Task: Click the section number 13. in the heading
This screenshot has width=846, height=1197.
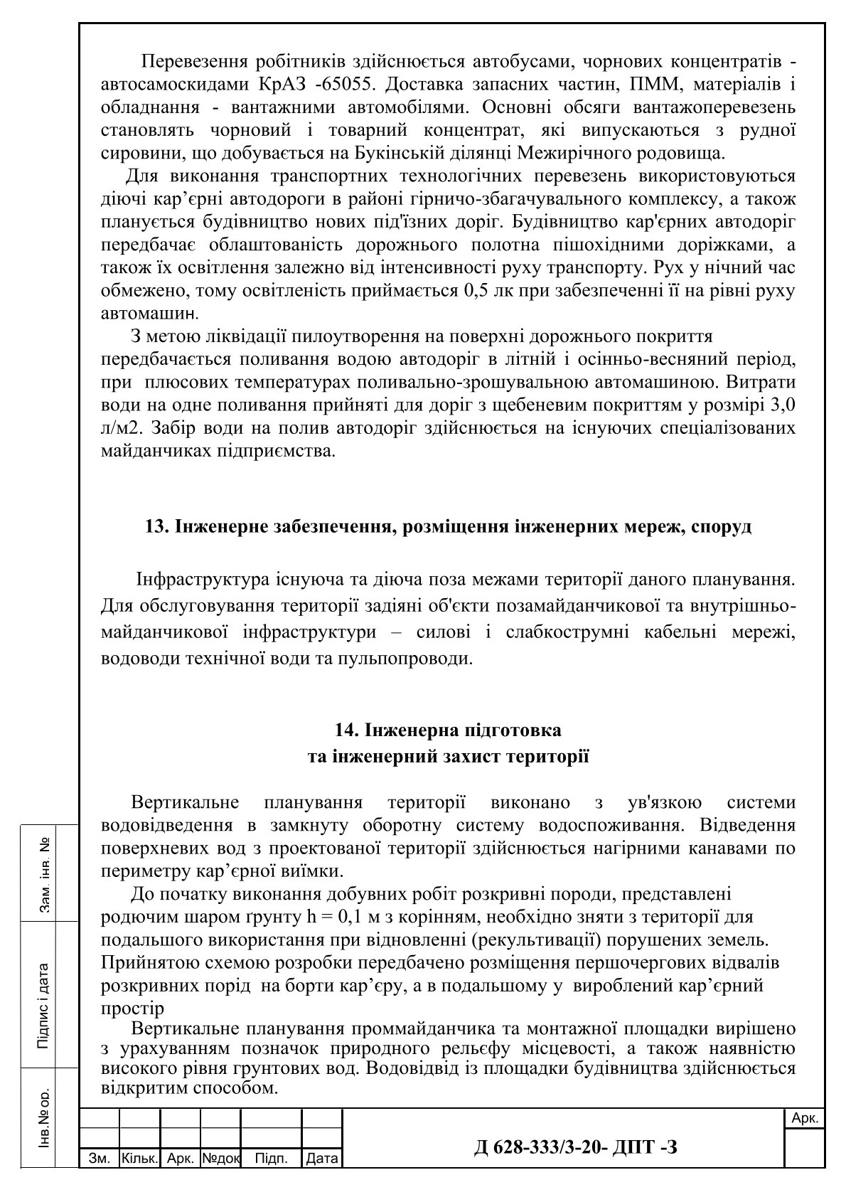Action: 155,527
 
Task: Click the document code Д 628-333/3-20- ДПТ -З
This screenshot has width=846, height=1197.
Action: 576,1146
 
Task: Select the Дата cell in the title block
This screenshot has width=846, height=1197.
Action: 321,1159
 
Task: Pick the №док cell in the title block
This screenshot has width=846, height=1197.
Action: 221,1159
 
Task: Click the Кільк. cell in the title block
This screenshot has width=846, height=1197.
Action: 140,1159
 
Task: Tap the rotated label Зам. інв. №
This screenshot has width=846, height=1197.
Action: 45,874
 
